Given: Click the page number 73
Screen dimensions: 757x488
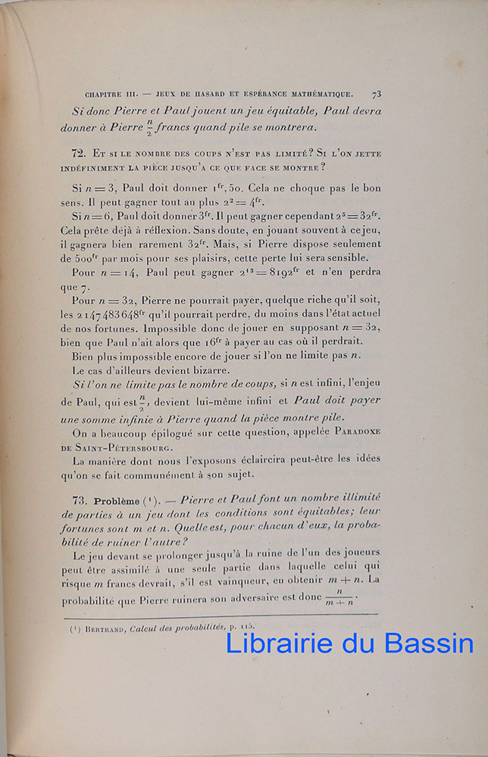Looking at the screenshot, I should point(376,95).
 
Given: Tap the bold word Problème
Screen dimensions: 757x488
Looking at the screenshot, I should point(117,501).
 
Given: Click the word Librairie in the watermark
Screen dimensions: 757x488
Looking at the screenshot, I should point(280,643).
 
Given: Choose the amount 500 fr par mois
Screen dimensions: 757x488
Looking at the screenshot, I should point(93,258).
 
